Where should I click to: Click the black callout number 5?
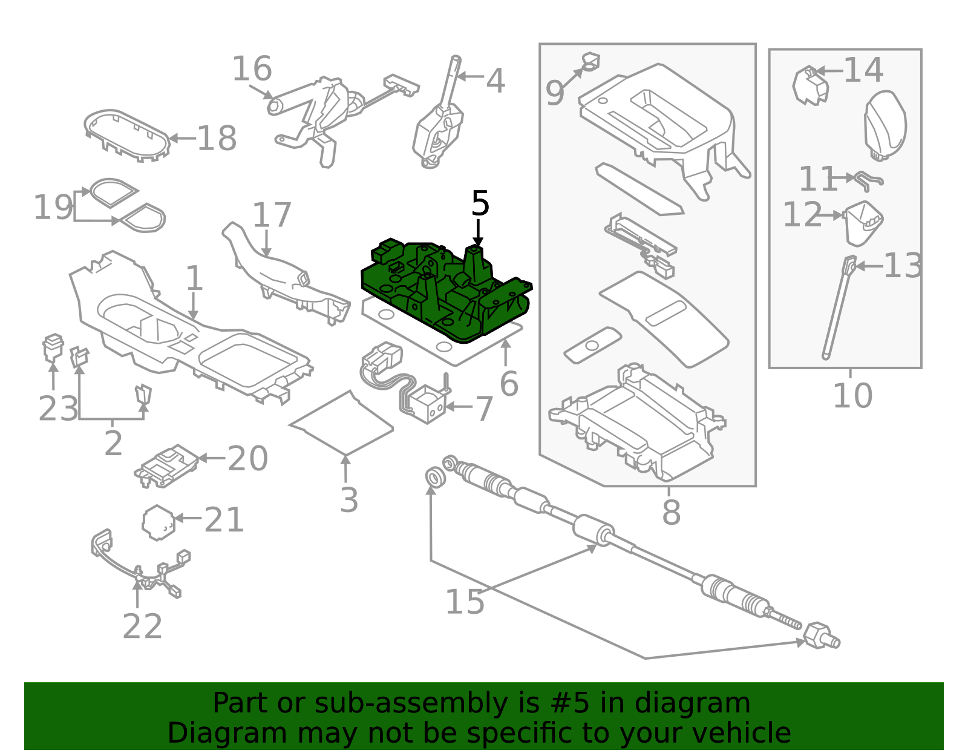480,204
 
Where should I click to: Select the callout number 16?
252,69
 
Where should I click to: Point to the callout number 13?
903,266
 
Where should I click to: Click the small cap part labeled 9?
591,61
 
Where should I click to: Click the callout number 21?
224,520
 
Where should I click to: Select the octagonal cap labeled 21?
159,523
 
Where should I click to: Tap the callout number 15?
465,602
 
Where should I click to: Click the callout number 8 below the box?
671,512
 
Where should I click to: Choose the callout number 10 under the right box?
852,396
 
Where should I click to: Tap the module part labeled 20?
167,465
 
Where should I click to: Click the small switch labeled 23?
53,347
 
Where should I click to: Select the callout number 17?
272,215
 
